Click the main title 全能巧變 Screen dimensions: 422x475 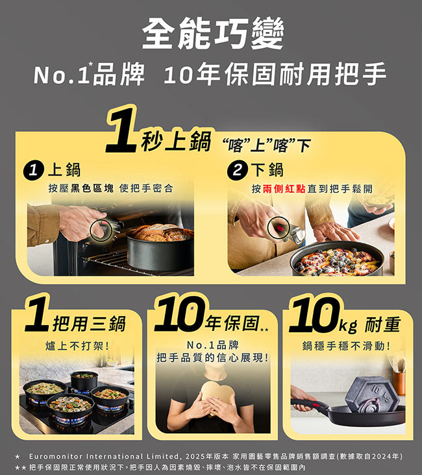point(213,33)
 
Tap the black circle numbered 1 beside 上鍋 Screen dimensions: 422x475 point(33,171)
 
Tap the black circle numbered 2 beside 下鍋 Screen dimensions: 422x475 point(238,170)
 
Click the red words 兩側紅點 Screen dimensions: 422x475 point(284,189)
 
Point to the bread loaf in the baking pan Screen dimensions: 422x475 point(162,232)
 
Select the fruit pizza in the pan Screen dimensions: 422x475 point(337,261)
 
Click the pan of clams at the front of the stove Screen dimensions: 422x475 point(69,405)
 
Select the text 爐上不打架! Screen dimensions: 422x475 point(77,346)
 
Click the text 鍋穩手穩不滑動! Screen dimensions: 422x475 point(347,346)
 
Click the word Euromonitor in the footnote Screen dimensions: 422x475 point(55,456)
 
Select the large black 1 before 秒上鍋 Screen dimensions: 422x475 point(121,132)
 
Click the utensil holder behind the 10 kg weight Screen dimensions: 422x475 point(399,383)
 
